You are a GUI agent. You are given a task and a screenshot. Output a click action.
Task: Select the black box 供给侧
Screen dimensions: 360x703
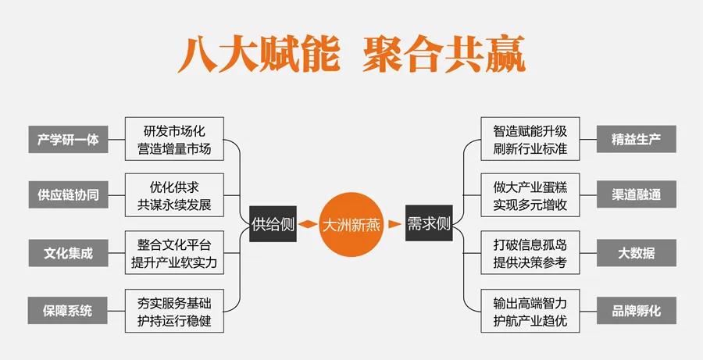[x=273, y=225]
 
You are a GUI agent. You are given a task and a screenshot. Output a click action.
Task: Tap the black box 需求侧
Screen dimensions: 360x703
[x=429, y=225]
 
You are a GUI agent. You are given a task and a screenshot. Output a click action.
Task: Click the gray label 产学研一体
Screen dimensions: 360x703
[x=68, y=139]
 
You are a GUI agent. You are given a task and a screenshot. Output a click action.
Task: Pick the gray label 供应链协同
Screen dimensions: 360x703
[x=68, y=194]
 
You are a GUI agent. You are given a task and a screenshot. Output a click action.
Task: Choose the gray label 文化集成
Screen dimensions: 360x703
[x=68, y=253]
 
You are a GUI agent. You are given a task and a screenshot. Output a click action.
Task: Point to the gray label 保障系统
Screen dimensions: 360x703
[x=68, y=310]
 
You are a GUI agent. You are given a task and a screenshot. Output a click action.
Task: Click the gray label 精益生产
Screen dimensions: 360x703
[x=636, y=139]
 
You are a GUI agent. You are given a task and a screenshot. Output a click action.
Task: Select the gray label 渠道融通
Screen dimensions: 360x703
[x=636, y=194]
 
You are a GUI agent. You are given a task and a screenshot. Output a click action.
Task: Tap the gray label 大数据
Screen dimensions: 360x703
[x=636, y=253]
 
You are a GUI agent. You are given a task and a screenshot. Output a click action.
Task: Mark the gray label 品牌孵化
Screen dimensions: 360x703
[x=636, y=310]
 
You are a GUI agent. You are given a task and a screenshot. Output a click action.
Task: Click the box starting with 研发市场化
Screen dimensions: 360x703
[x=174, y=138]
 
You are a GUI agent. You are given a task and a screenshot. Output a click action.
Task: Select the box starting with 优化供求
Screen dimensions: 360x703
[x=174, y=195]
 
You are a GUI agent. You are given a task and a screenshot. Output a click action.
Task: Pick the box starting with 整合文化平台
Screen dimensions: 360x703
[x=174, y=252]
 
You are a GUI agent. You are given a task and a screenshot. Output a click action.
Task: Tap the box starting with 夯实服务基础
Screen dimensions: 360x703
[x=174, y=310]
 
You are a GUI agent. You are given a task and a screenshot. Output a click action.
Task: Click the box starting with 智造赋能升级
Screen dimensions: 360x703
[x=530, y=138]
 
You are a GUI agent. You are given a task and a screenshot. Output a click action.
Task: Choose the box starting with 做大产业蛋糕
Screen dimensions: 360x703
[x=530, y=195]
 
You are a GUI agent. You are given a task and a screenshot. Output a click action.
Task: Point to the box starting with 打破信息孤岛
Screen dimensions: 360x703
[x=530, y=252]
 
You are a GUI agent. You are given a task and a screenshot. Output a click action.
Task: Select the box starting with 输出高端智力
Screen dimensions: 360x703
[x=530, y=310]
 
